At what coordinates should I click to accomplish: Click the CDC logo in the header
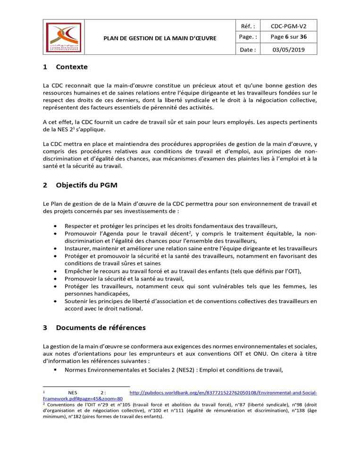coord(67,37)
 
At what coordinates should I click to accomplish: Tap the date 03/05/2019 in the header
coord(288,50)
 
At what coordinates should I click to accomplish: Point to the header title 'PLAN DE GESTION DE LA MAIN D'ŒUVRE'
coord(160,38)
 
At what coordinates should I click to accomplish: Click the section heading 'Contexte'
coord(72,67)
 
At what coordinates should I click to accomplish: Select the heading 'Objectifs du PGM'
coord(87,186)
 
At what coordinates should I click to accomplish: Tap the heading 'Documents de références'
coord(100,327)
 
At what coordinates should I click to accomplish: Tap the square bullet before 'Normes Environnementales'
coord(56,370)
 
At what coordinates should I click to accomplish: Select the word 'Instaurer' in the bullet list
coord(78,248)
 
